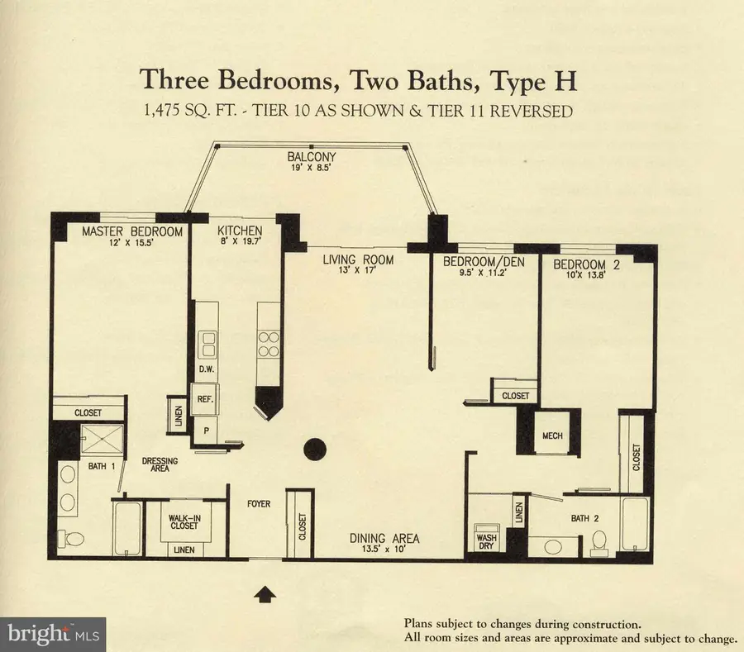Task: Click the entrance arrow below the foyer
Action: click(x=265, y=592)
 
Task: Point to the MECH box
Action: click(x=552, y=435)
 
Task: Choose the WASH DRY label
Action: click(x=485, y=540)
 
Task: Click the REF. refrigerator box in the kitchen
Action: click(x=204, y=397)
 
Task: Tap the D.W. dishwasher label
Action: click(x=207, y=369)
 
